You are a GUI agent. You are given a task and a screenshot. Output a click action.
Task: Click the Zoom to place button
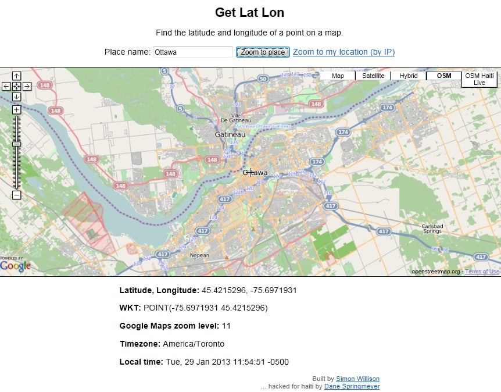click(263, 52)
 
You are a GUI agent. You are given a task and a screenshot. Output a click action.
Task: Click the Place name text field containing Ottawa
click(192, 52)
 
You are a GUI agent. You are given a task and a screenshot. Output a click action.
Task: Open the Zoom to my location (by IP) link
click(343, 52)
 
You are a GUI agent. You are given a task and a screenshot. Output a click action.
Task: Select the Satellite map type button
click(373, 76)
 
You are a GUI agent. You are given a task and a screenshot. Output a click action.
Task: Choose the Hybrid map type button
click(409, 76)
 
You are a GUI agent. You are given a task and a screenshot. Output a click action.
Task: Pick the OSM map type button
click(444, 76)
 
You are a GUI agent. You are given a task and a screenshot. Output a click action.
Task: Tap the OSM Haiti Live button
click(479, 79)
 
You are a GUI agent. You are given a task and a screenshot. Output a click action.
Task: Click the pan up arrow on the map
click(16, 76)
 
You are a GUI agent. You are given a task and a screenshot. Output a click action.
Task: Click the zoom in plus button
click(16, 109)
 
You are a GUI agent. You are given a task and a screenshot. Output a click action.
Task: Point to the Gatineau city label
click(230, 134)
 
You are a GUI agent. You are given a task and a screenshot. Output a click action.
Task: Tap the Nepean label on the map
click(199, 255)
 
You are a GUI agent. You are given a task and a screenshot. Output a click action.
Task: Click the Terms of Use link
click(482, 272)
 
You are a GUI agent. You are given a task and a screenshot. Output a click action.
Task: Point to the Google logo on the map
click(15, 266)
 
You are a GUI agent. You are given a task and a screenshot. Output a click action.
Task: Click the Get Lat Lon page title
click(249, 12)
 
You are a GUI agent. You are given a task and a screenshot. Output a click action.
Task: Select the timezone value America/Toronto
click(194, 344)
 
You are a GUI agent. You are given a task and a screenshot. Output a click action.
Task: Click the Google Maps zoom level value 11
click(226, 326)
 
